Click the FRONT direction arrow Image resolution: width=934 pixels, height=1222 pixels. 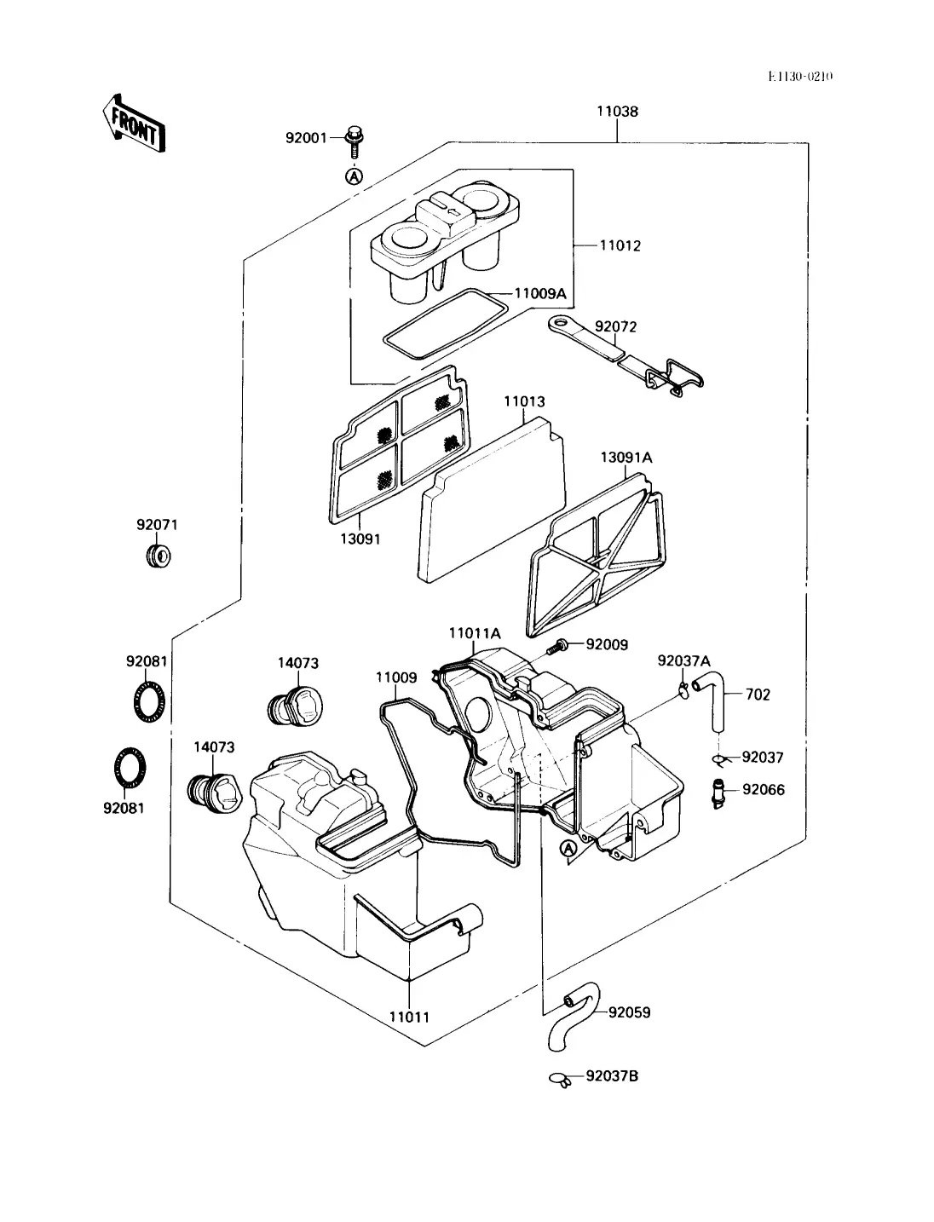coord(134,124)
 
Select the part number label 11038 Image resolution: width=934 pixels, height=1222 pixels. coord(617,112)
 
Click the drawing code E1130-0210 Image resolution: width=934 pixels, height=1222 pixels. coord(800,77)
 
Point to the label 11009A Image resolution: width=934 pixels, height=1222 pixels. coord(539,293)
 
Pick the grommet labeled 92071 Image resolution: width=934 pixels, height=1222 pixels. coord(159,556)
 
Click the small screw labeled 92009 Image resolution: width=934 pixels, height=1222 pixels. coord(556,646)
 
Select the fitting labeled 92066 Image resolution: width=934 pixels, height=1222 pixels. coord(719,794)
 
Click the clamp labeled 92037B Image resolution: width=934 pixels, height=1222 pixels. coord(561,1079)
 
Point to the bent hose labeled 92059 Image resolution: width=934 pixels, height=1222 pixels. coord(574,1016)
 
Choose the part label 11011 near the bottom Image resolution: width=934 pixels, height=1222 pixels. coord(409,1017)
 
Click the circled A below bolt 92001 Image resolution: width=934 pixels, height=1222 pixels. coord(354,176)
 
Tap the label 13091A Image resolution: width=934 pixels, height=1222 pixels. coord(626,458)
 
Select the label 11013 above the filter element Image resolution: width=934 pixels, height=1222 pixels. coord(524,401)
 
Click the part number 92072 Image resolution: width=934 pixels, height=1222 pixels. coord(615,326)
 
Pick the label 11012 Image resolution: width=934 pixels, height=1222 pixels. coord(620,245)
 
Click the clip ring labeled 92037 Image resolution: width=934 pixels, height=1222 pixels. coord(720,758)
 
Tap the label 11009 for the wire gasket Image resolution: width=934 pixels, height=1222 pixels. coord(395,677)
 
